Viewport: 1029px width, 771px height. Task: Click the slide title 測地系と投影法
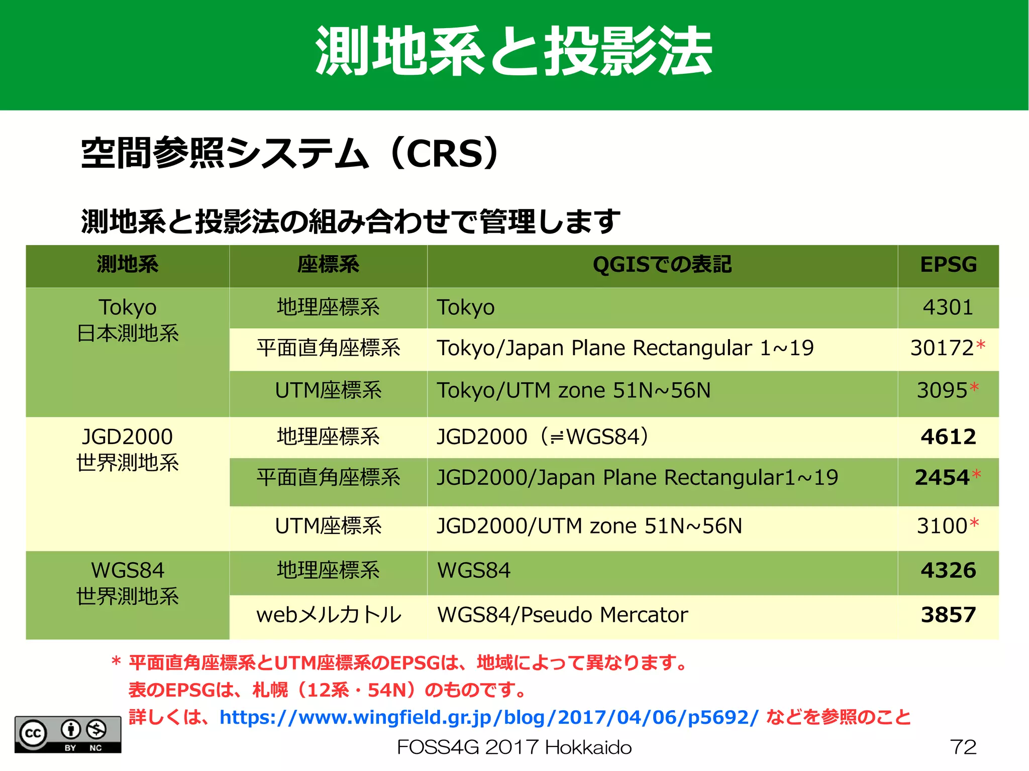click(513, 52)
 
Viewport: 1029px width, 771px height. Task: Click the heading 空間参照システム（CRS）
click(290, 153)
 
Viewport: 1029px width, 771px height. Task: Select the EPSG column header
click(948, 265)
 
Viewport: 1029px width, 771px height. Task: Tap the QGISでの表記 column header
click(662, 265)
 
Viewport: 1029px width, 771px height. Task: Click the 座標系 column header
click(328, 265)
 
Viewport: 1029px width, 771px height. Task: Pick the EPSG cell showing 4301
click(948, 307)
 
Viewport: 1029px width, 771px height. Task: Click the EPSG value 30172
click(943, 348)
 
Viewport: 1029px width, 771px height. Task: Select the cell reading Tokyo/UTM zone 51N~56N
click(574, 391)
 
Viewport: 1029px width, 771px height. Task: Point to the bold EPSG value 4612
click(948, 436)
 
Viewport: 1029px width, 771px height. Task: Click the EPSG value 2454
click(942, 478)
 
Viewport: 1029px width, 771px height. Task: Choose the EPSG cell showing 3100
click(943, 526)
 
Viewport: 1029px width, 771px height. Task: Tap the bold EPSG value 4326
click(948, 571)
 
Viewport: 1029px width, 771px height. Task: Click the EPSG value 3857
click(948, 615)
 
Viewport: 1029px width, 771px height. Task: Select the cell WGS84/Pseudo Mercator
click(563, 615)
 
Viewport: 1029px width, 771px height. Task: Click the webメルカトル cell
click(329, 615)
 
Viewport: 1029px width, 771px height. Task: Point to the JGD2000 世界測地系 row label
click(128, 450)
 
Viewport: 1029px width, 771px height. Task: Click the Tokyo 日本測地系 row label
click(128, 320)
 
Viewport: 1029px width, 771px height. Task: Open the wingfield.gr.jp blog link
click(488, 717)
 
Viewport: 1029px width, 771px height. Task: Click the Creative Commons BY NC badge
click(68, 734)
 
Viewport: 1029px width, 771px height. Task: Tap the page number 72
click(963, 747)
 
